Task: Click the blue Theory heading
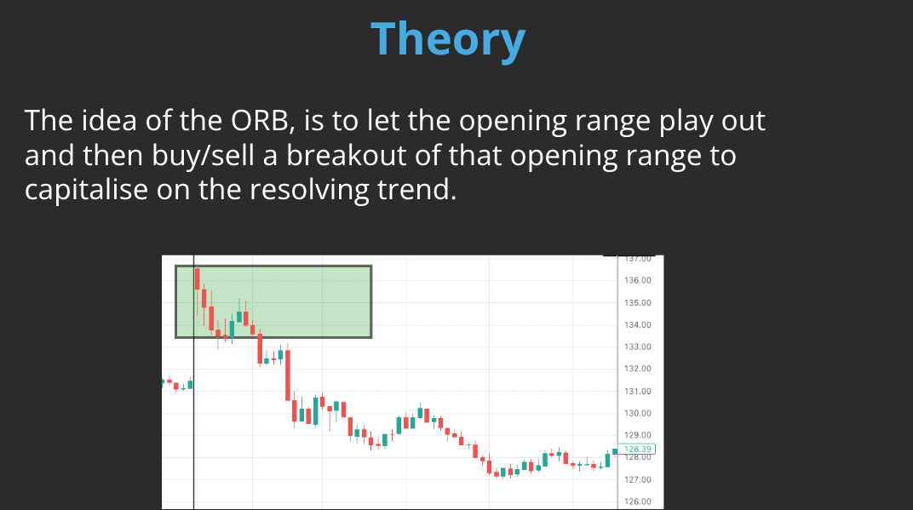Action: click(x=448, y=39)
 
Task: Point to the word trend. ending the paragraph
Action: click(x=416, y=189)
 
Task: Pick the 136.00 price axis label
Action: click(x=638, y=280)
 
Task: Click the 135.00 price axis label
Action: click(x=638, y=302)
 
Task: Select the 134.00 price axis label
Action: click(x=638, y=324)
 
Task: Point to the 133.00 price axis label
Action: click(x=638, y=347)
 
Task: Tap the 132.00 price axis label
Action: click(x=638, y=369)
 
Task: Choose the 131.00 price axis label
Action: click(x=638, y=391)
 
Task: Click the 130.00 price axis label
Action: click(x=638, y=413)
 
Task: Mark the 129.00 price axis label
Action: click(x=638, y=435)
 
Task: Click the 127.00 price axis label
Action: click(x=638, y=479)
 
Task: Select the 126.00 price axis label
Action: click(x=638, y=501)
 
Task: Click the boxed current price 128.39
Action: click(x=638, y=449)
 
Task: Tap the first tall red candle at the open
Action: click(x=198, y=279)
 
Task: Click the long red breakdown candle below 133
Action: click(x=288, y=375)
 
